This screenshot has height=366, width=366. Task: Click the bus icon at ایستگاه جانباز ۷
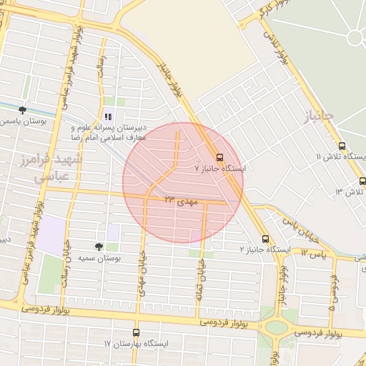pyautogui.click(x=219, y=157)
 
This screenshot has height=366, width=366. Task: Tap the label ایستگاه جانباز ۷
pyautogui.click(x=219, y=169)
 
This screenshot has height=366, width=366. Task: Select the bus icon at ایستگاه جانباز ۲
pyautogui.click(x=265, y=239)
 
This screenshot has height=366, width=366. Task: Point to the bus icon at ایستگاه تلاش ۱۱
pyautogui.click(x=342, y=147)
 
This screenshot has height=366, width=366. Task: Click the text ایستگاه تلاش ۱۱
pyautogui.click(x=340, y=157)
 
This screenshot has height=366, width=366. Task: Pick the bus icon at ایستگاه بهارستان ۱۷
pyautogui.click(x=137, y=332)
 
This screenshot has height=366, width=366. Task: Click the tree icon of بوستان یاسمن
pyautogui.click(x=23, y=110)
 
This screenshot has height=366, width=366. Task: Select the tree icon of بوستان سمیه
pyautogui.click(x=99, y=245)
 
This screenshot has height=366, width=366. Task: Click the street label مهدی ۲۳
pyautogui.click(x=179, y=200)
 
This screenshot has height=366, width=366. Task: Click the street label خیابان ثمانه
pyautogui.click(x=198, y=280)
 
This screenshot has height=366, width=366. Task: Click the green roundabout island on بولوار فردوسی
pyautogui.click(x=276, y=328)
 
